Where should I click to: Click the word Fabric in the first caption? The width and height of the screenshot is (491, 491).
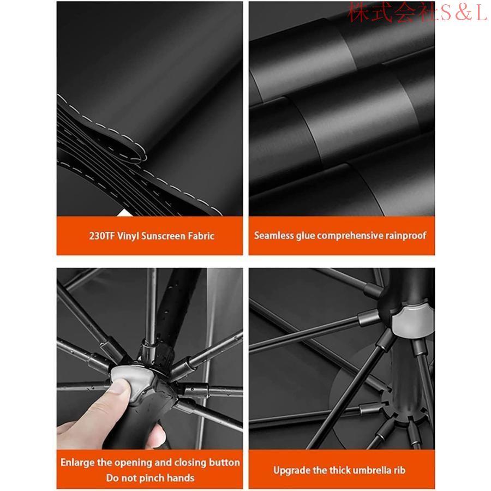coord(201,236)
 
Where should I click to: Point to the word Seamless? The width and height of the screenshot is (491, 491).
coord(274,236)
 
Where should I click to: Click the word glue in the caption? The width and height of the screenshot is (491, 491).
coord(305,236)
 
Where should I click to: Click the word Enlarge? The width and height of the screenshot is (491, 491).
coord(77,463)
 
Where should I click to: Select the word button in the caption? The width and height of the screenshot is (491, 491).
coord(223,463)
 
